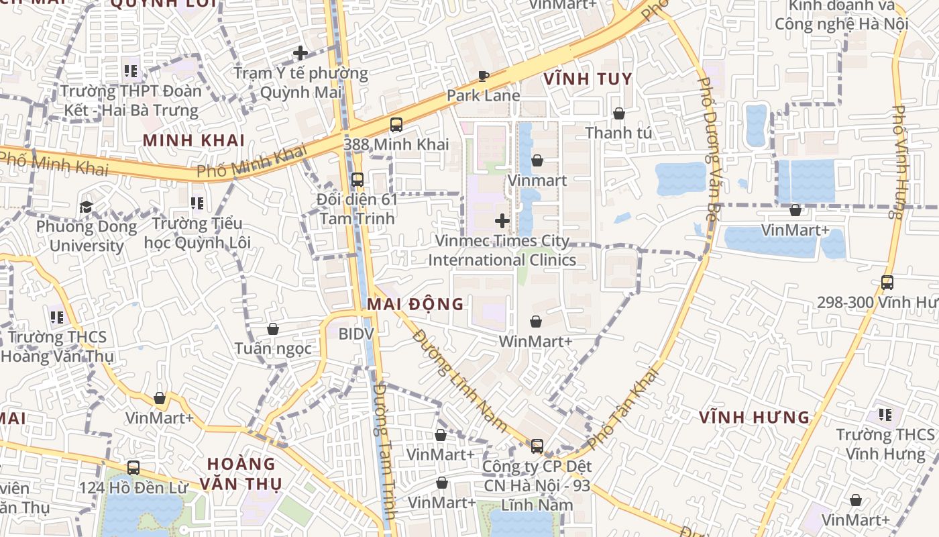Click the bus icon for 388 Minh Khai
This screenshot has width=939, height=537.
point(396,124)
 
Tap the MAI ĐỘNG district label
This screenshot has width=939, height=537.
point(415,304)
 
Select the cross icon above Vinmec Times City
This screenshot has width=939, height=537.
point(502,221)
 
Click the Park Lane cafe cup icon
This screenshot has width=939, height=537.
point(483,76)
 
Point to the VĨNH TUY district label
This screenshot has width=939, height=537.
point(588,79)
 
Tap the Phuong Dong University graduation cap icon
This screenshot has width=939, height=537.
point(86,207)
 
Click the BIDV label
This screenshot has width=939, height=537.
point(355,334)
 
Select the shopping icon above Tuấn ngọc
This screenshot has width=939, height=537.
point(273,329)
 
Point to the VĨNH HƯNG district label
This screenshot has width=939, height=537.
point(755,418)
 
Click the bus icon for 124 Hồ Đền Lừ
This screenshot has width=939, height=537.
point(133,467)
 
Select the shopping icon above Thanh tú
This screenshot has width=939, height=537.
point(618,113)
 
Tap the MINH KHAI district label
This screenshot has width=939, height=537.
point(194,140)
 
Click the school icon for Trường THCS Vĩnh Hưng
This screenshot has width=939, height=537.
point(885,415)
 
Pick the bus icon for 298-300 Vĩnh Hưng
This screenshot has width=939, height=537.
point(887,283)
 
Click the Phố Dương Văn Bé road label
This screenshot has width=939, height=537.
point(708,148)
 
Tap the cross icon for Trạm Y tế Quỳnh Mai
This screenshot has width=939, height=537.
point(300,52)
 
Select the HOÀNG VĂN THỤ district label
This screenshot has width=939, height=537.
point(241,473)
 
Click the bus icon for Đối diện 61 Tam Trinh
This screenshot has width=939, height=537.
point(357,180)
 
